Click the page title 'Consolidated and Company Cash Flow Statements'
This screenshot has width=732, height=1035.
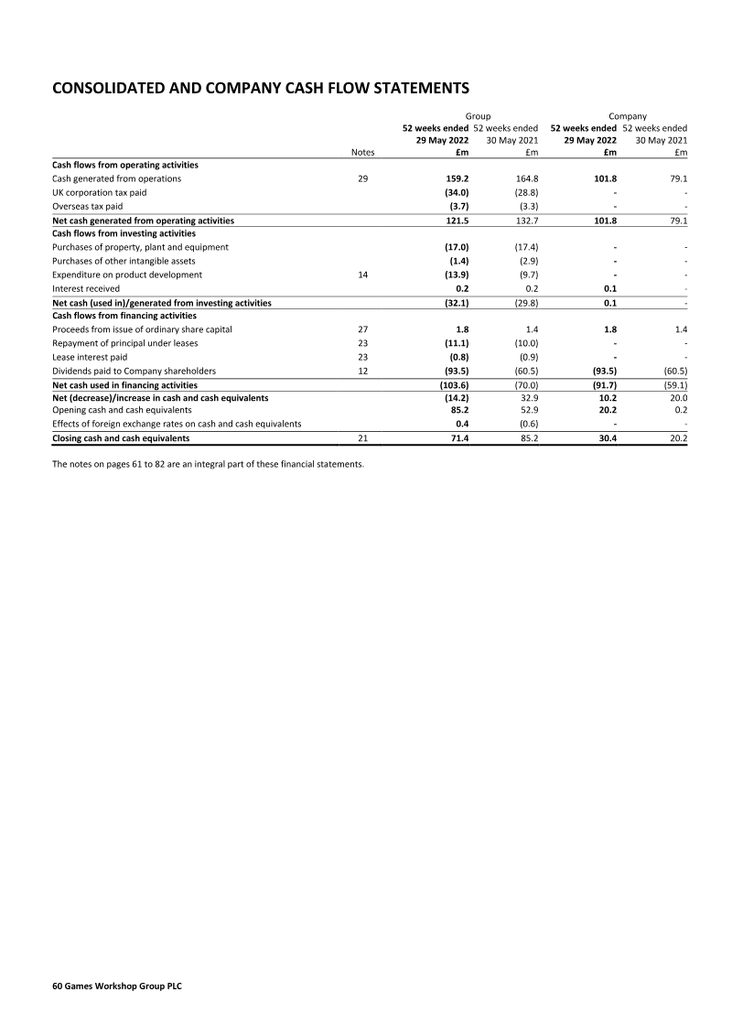click(261, 88)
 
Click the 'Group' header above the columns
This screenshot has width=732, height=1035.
click(478, 116)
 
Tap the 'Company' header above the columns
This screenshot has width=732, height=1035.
click(628, 116)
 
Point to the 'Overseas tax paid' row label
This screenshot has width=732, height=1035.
click(87, 206)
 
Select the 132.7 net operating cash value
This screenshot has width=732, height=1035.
click(525, 221)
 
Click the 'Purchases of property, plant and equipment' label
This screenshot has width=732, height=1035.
click(140, 247)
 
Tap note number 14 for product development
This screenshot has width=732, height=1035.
click(362, 275)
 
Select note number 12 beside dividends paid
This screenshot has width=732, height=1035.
click(362, 371)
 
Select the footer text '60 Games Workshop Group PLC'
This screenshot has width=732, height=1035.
click(116, 987)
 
